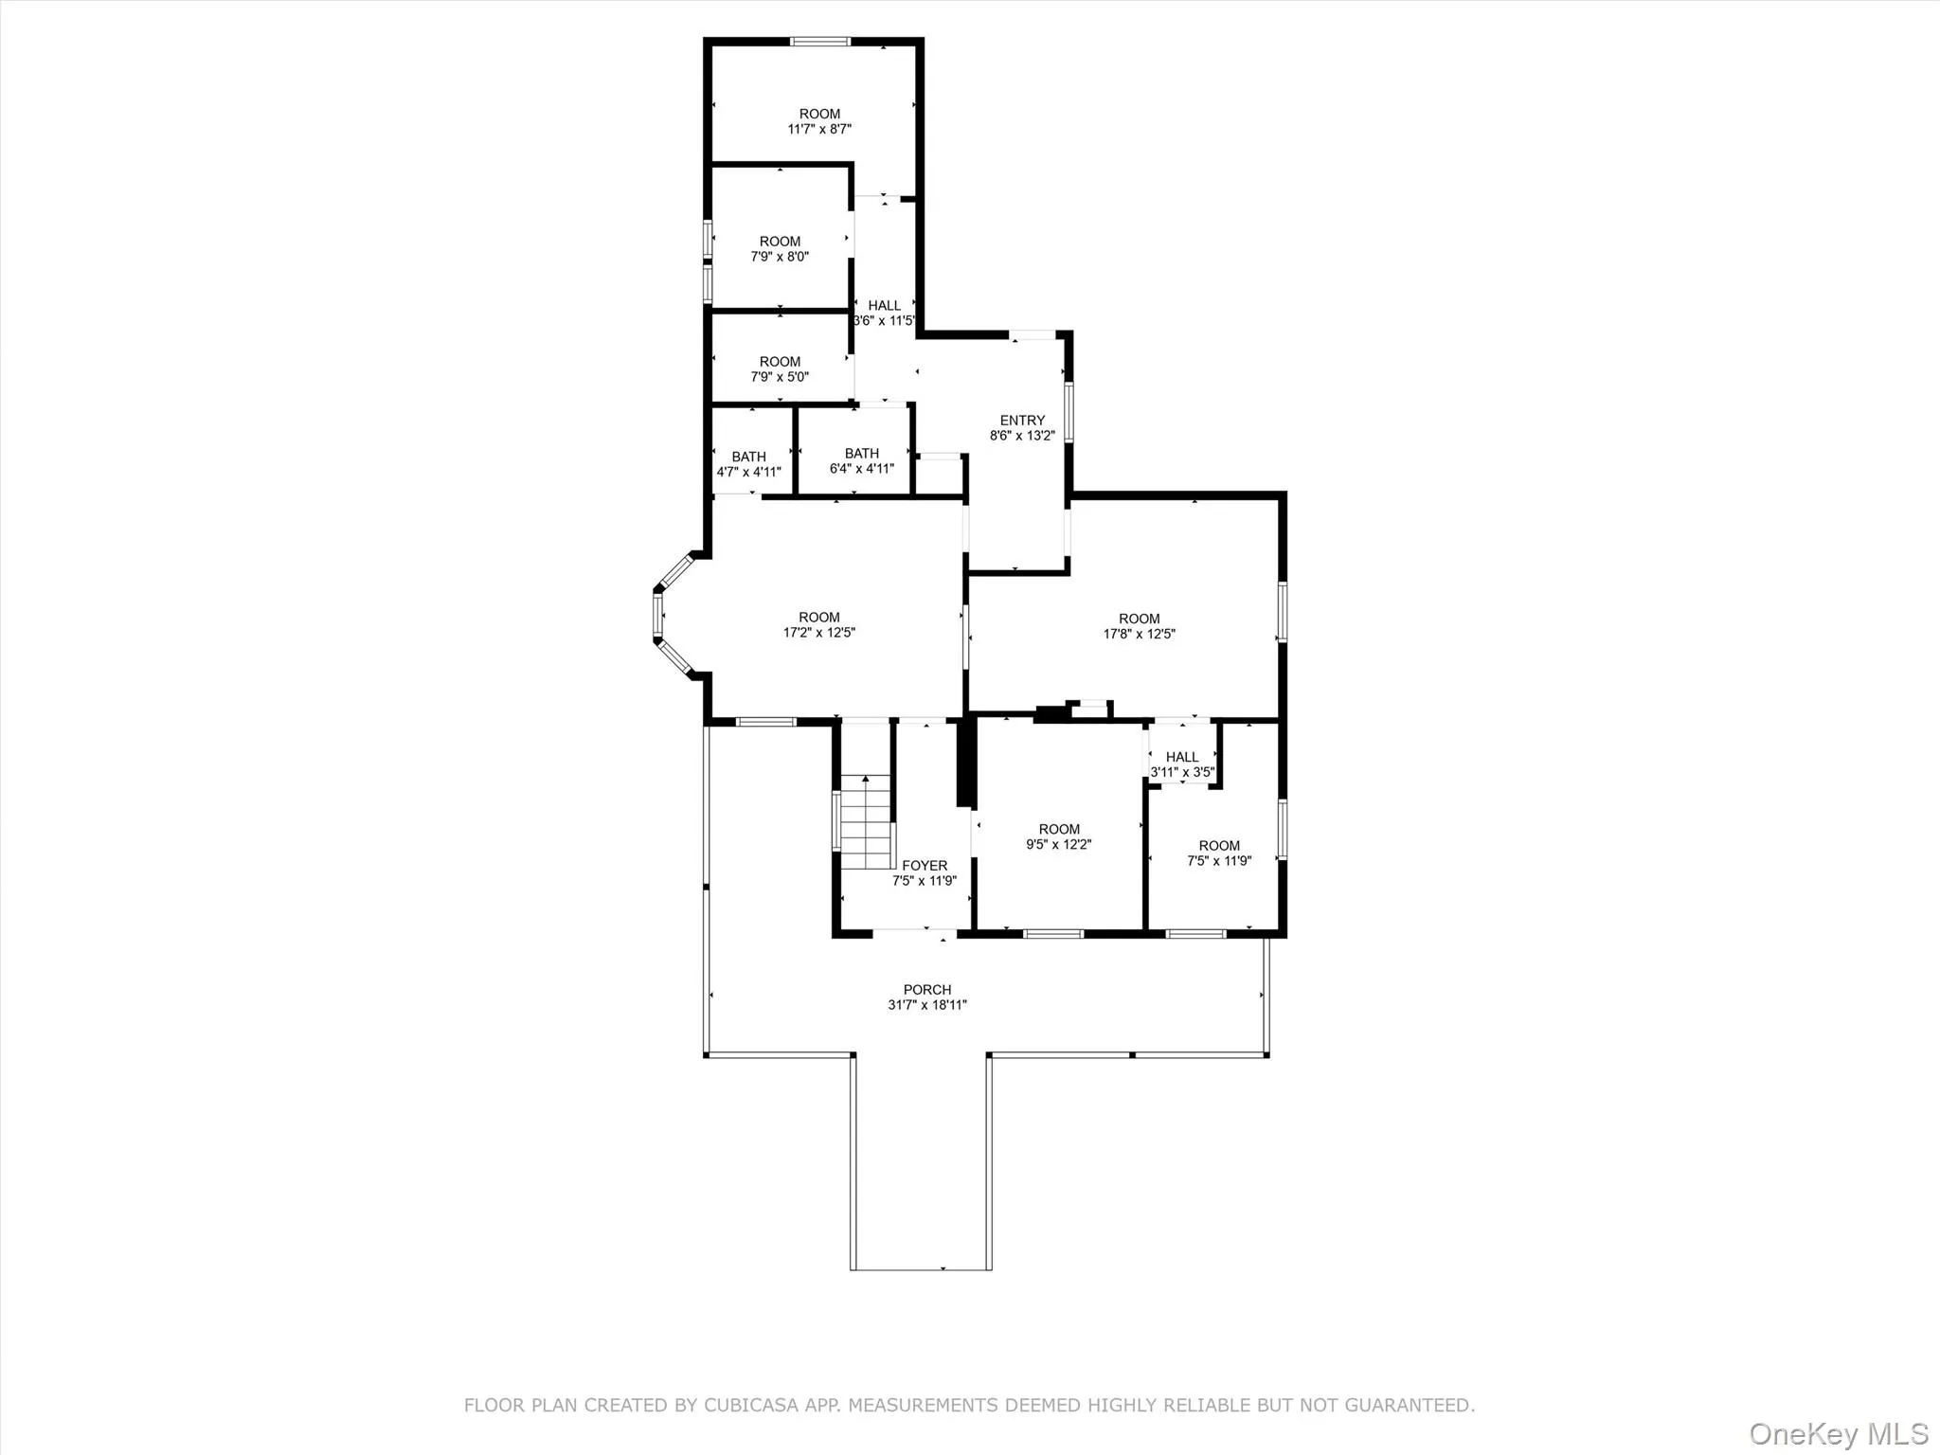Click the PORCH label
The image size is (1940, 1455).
(926, 990)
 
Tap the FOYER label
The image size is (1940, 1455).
(925, 866)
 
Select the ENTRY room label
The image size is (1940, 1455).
(1022, 421)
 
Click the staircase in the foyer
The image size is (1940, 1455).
(867, 821)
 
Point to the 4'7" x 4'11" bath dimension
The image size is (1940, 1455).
(748, 472)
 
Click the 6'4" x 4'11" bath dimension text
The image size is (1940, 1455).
(861, 468)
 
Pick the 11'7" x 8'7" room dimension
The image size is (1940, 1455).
(819, 129)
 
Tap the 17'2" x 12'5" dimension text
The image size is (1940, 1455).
(818, 633)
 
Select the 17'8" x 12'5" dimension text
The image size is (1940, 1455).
(1139, 634)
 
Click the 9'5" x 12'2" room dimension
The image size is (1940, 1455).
(1059, 844)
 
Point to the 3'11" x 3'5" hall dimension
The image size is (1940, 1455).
(1182, 772)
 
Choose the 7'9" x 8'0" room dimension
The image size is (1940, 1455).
(780, 257)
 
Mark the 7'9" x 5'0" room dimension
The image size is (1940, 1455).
(780, 377)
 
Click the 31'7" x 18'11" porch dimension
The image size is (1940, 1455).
(926, 1005)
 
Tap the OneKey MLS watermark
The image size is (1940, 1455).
(1838, 1433)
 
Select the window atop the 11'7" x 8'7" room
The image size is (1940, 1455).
(820, 42)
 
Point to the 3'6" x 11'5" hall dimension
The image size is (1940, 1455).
(884, 320)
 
